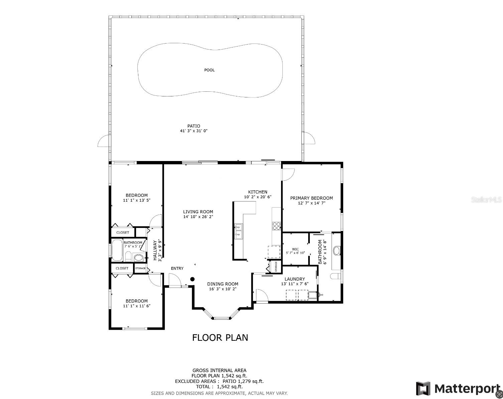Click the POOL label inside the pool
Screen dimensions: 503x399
209,70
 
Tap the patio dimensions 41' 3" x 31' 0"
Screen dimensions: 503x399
194,131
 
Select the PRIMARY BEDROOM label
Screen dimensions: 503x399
311,198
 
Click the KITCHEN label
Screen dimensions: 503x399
258,192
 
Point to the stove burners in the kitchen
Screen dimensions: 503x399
276,226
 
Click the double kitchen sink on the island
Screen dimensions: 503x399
239,231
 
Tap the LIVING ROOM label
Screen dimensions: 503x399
198,212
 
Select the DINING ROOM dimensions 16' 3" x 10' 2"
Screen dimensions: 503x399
223,289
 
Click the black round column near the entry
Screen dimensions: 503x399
193,279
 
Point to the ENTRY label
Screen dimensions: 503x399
177,268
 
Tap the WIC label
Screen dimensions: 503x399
295,249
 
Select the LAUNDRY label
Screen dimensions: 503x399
294,279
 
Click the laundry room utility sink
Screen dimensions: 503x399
312,295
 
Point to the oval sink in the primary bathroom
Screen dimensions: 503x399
337,250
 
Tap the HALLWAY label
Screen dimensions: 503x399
155,250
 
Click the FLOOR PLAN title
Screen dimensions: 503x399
220,338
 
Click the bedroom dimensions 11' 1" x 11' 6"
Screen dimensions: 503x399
136,306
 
